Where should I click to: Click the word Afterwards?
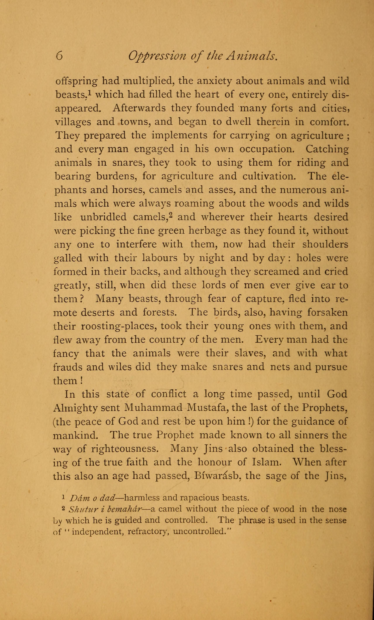[x=139, y=108]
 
